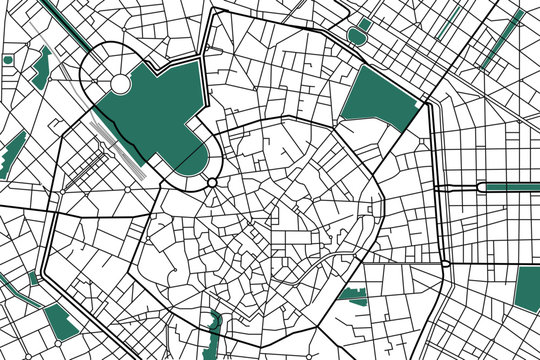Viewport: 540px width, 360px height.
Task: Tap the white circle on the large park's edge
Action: (119, 85)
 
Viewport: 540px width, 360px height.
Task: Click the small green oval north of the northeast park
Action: (357, 36)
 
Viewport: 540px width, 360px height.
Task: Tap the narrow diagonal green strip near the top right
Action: (451, 19)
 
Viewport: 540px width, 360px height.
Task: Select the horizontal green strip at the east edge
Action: (510, 187)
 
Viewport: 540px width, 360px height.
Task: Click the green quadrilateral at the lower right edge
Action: (527, 288)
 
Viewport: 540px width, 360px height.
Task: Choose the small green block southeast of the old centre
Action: (352, 294)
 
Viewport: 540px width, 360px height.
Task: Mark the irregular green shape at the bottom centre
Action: (213, 330)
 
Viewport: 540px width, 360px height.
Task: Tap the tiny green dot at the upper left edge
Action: (8, 60)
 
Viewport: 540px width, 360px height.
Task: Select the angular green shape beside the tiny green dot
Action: (41, 66)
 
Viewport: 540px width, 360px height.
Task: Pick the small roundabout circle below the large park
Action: (212, 182)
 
